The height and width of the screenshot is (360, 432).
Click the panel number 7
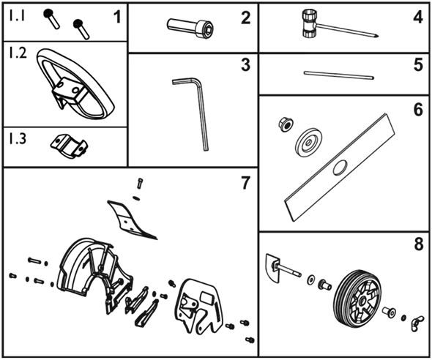(x=245, y=183)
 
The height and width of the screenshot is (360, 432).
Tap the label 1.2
(x=18, y=53)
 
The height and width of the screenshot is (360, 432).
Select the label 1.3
(x=18, y=138)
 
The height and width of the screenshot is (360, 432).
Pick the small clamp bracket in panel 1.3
(x=69, y=146)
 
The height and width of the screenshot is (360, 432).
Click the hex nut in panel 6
(x=286, y=124)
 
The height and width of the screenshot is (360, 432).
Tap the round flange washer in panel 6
(x=308, y=142)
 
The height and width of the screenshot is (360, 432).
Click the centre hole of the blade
(x=340, y=168)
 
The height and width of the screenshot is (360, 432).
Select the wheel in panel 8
(x=358, y=298)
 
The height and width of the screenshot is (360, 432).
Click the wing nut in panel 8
(x=417, y=323)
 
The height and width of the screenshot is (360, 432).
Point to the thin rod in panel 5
(x=339, y=75)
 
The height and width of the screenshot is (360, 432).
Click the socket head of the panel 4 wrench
(x=308, y=24)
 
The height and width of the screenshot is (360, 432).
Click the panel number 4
(x=418, y=18)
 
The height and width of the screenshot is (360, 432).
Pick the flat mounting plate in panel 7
(x=199, y=306)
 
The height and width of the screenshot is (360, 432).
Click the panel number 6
(x=418, y=109)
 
